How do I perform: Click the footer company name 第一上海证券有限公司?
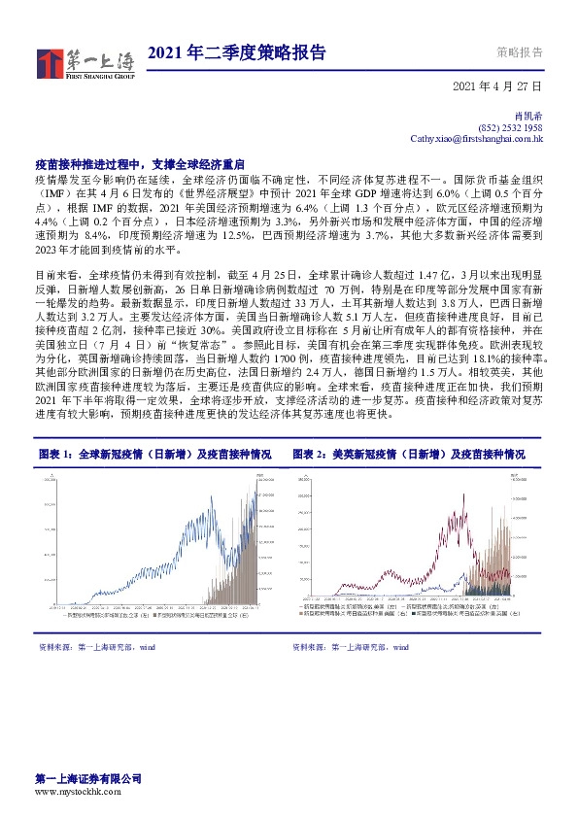[88, 779]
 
